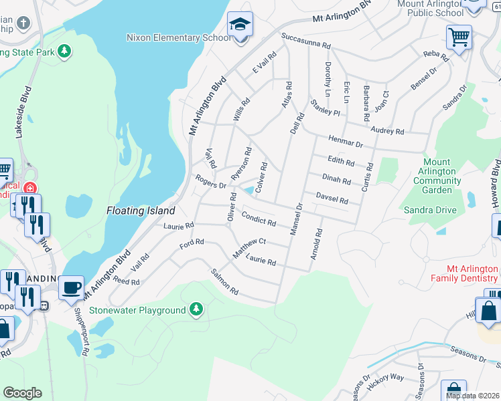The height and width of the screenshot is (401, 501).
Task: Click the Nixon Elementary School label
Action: coord(178,38)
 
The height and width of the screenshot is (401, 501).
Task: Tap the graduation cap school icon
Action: coord(240,25)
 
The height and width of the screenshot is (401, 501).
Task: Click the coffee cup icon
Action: coord(72,287)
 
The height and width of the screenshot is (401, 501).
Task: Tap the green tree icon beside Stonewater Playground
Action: coord(196,309)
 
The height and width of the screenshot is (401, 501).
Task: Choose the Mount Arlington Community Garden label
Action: coord(439,176)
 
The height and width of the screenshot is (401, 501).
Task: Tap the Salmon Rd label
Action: coord(225,282)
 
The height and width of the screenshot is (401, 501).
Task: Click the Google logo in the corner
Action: coord(22,392)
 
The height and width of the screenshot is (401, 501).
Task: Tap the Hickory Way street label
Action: coord(386,378)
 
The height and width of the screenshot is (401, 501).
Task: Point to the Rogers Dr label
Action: coord(210,182)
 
